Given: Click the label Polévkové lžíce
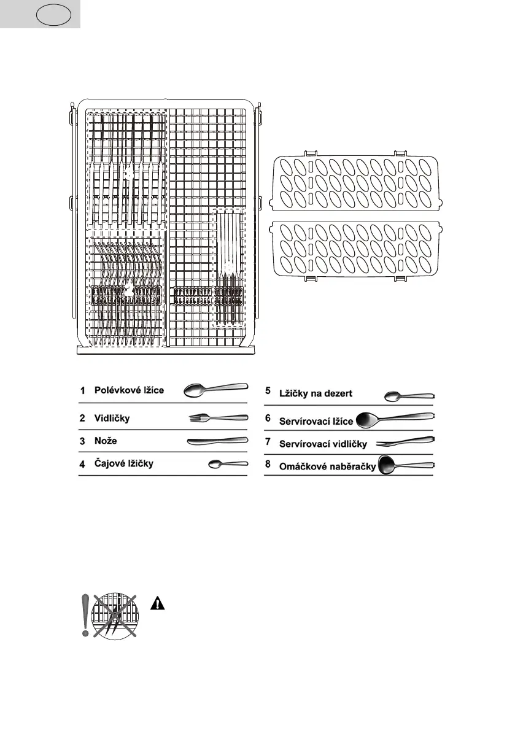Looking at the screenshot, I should point(129,390).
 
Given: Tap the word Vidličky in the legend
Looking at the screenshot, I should point(112,418).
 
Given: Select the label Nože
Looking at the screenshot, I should point(106,441).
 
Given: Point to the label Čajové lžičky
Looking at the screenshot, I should point(123,464).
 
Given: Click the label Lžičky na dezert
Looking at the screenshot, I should point(316,393).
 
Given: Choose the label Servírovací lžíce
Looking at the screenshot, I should point(316,422).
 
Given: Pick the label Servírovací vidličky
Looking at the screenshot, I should point(323,443).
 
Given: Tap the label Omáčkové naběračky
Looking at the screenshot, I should point(327,466).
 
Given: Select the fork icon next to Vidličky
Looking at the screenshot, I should point(218,417).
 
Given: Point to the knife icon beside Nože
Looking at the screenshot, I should point(217,441).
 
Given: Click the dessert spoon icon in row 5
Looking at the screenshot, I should point(409,396).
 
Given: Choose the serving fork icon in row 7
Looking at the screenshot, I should point(406,442).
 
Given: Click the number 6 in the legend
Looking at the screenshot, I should point(268,417).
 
